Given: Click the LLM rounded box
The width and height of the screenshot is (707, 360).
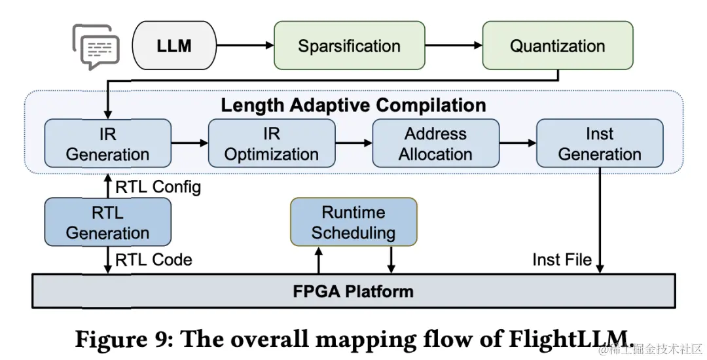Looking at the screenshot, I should point(174,46).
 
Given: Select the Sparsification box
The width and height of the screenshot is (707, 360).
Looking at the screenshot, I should point(349,46).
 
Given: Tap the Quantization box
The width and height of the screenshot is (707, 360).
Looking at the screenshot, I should point(557,46).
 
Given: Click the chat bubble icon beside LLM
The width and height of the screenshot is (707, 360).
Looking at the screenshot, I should point(96,46).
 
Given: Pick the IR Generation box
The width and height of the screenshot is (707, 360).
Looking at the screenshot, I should point(107,144).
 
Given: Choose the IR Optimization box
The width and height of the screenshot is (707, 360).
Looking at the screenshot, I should point(272,144).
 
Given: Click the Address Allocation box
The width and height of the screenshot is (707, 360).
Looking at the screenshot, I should point(435,144).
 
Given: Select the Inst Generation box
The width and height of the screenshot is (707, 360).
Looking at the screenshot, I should point(600,144).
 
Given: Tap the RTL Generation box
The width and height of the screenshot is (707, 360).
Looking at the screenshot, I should point(107,223).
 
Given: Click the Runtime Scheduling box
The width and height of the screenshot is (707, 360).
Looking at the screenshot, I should point(353,223).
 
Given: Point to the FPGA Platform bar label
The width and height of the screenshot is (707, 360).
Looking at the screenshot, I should point(353,291).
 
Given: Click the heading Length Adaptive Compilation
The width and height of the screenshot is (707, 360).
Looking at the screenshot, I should point(353,105).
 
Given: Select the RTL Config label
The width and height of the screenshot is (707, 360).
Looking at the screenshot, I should point(158,187).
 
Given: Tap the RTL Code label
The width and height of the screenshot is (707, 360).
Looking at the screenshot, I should point(154,259).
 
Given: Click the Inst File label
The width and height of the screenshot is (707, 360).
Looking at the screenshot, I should point(562,259).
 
